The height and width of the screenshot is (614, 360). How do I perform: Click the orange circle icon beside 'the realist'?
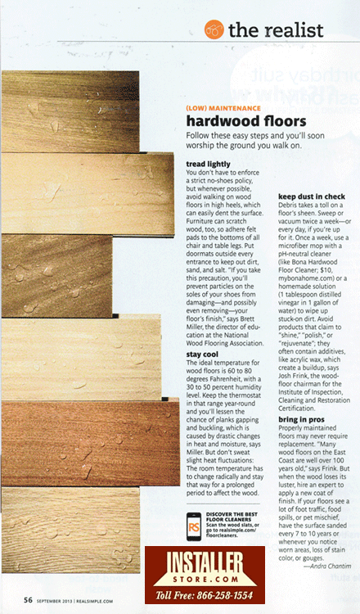[x=214, y=29]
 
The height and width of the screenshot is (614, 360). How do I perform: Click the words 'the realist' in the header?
[x=276, y=29]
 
